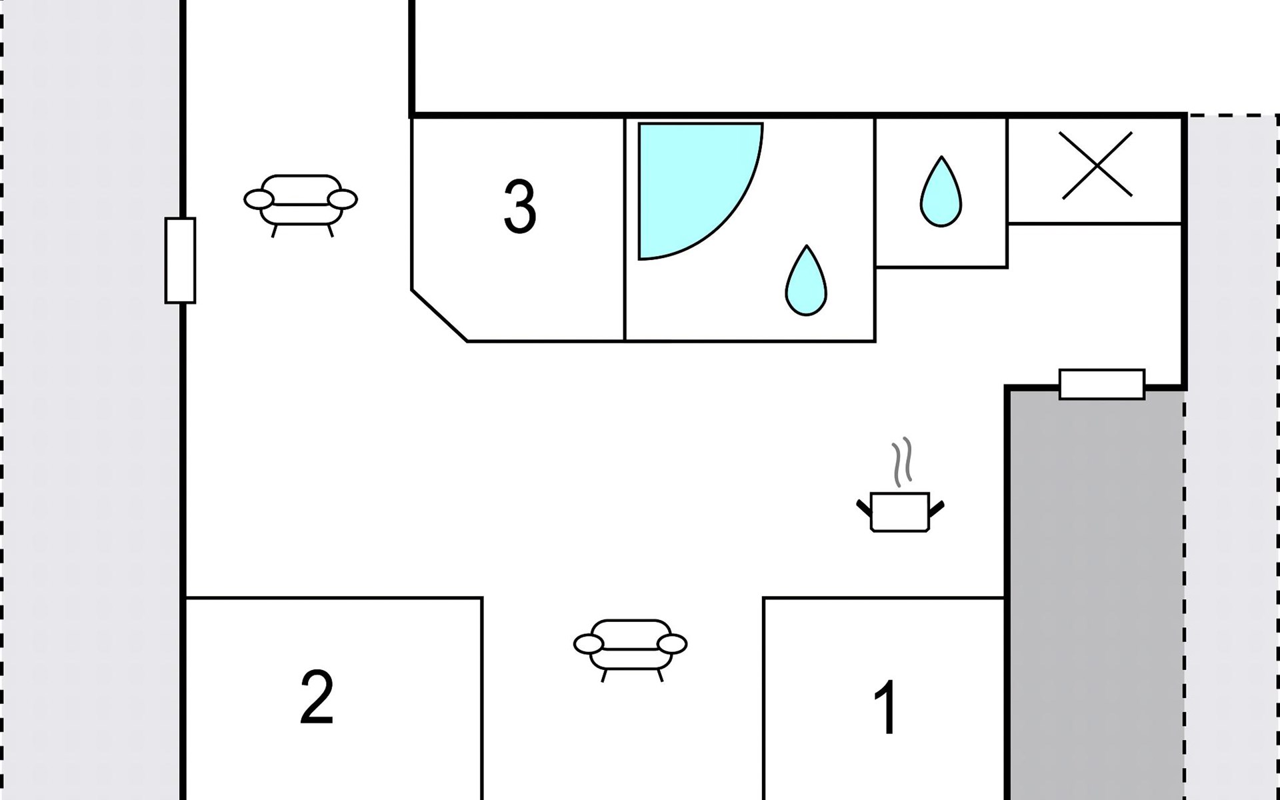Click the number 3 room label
(519, 207)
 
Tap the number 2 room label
(317, 698)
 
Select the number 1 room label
(887, 707)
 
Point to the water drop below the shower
(806, 281)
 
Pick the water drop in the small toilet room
(941, 193)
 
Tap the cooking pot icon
(900, 512)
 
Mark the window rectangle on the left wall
(180, 261)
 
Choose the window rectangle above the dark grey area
(1101, 385)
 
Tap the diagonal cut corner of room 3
(439, 316)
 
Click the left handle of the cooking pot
(864, 509)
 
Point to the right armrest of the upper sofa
(343, 199)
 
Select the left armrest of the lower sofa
(588, 643)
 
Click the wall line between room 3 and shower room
(625, 230)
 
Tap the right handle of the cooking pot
(937, 509)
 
